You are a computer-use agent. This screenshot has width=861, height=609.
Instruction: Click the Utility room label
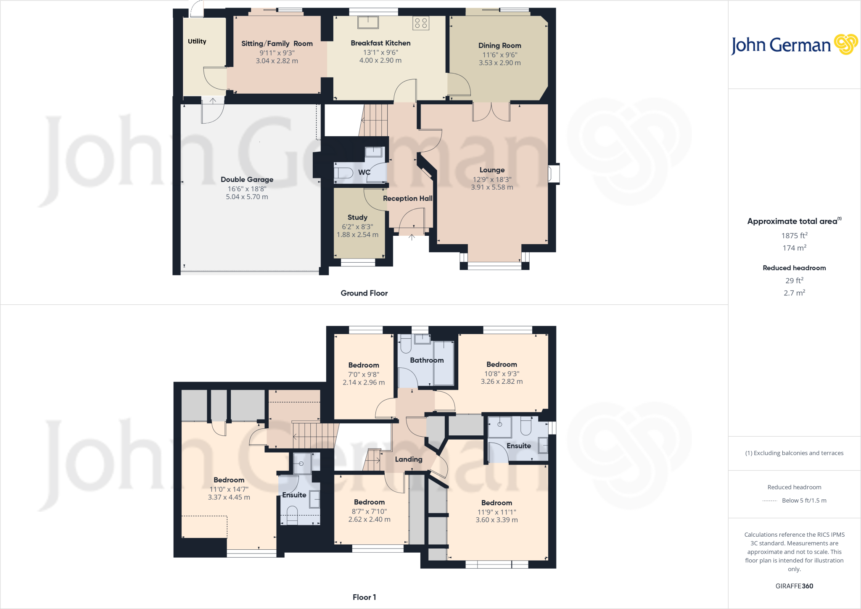point(197,41)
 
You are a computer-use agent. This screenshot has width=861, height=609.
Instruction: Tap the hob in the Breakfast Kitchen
point(421,23)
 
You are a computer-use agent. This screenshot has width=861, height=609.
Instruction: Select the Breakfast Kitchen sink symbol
point(368,22)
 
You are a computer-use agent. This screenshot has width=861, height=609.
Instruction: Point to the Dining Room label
point(499,45)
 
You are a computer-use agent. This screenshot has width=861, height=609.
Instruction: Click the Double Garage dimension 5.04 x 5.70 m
point(247,197)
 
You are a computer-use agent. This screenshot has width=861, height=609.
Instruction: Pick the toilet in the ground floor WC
point(344,173)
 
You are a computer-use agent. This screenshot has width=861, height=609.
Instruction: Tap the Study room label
point(357,217)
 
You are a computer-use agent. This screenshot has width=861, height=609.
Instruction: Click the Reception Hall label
point(407,198)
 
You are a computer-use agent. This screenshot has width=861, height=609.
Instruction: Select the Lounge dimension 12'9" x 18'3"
point(492,179)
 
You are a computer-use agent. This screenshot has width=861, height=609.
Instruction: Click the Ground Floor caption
point(364,293)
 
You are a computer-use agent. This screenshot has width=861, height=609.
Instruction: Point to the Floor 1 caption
point(364,597)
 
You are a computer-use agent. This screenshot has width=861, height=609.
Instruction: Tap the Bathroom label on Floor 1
point(427,360)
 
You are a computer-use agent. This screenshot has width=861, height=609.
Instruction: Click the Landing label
point(408,459)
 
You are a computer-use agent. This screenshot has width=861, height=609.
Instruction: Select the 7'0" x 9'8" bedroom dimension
point(363,374)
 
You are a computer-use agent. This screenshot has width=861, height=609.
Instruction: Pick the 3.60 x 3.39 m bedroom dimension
point(497,520)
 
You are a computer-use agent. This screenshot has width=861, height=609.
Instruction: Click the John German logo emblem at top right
point(846,44)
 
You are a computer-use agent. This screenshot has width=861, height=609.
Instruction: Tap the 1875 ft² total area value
point(794,235)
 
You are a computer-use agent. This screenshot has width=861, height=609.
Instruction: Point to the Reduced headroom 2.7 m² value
point(794,293)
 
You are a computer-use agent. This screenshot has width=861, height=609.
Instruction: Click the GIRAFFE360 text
point(794,586)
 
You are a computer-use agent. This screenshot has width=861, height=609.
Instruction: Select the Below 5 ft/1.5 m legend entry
point(804,500)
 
